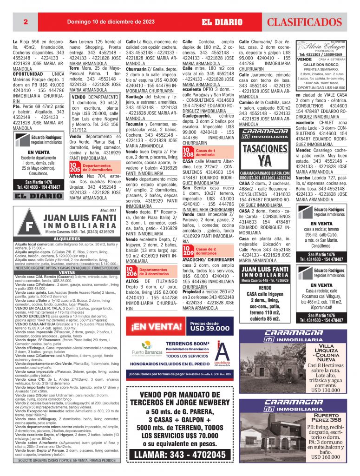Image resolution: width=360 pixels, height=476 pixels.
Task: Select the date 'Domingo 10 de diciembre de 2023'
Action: tap(111, 21)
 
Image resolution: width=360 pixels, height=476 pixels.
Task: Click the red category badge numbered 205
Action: tap(75, 168)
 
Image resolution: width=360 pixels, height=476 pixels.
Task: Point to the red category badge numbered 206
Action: tap(131, 271)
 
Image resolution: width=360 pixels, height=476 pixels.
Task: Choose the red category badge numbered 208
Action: tap(188, 152)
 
